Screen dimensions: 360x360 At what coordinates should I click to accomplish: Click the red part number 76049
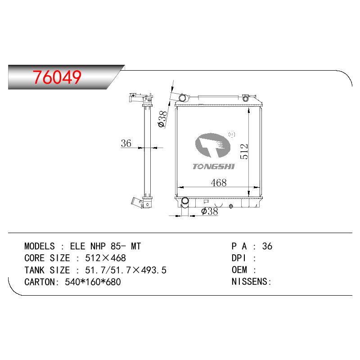point(57,77)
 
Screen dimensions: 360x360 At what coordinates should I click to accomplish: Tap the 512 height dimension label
point(244,152)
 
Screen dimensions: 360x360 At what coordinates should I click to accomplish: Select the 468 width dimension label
point(219,183)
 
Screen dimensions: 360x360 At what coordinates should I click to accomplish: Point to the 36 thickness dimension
point(126,143)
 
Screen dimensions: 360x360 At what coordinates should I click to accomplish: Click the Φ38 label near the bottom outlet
point(209,211)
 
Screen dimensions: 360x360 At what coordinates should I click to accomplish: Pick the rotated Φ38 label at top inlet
point(162,119)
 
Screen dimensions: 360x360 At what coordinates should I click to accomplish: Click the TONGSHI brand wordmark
point(213,166)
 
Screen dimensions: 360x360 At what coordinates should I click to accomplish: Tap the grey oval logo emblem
point(212,145)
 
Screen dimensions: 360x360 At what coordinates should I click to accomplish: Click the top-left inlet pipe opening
point(183,98)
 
